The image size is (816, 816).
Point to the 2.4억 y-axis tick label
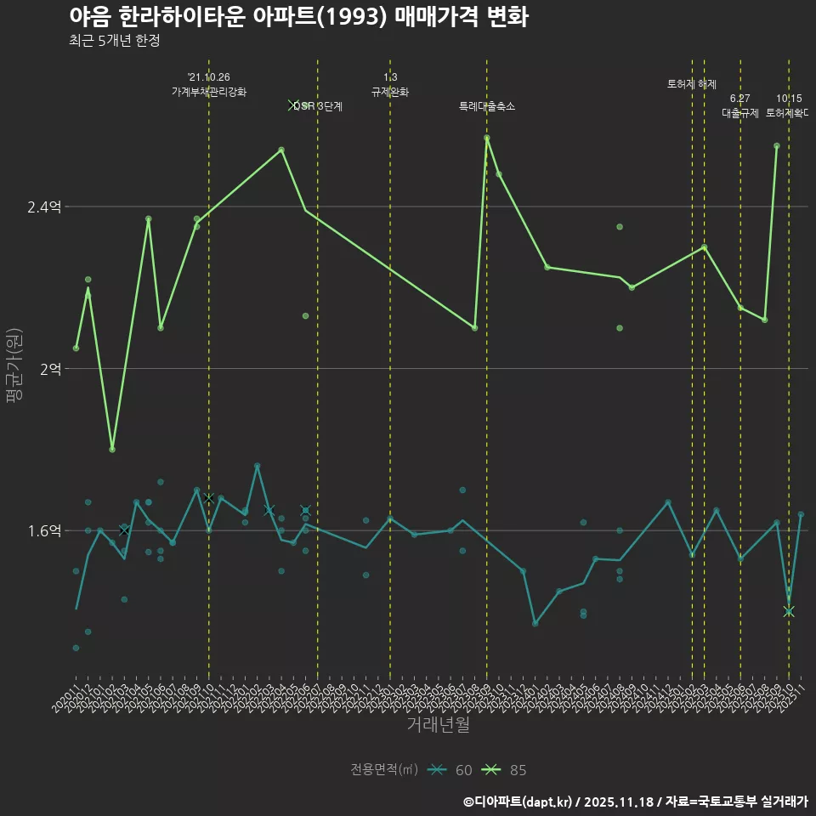pos(44,207)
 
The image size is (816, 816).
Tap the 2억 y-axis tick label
pos(49,369)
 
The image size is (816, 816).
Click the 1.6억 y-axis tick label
pos(44,530)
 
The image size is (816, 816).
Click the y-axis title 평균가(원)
pos(14,368)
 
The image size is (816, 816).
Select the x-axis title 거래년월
pos(438,725)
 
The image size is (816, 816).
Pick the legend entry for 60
pos(450,770)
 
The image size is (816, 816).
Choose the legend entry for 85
pos(505,770)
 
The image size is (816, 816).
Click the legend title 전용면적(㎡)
pos(384,770)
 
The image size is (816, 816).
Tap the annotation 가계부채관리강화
pos(209,92)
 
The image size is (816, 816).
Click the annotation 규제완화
pos(390,92)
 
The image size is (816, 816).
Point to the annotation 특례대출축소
pos(487,106)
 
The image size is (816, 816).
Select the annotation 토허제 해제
pos(692,84)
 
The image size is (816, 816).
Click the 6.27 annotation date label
pos(739,99)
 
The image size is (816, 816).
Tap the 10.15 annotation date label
pos(789,99)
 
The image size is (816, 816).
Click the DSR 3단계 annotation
pos(318,106)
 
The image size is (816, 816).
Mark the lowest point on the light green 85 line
pos(112,449)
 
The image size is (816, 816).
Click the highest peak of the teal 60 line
pos(257,466)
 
